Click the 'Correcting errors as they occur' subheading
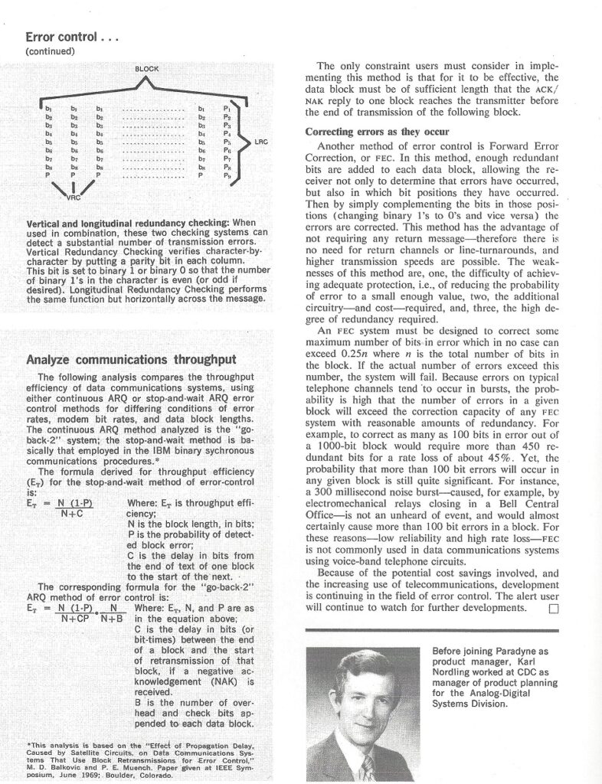tap(361, 131)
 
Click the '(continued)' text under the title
tap(50, 51)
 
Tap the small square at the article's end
tap(554, 609)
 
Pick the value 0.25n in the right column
tap(344, 354)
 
